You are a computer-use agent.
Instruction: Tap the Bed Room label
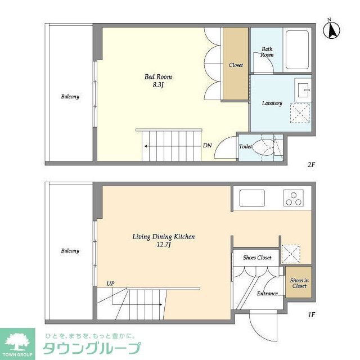coord(157,77)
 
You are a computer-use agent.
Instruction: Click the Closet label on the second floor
coord(236,65)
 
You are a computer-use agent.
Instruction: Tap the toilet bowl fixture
coord(263,148)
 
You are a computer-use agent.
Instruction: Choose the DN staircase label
coord(208,146)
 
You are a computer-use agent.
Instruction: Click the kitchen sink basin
coord(253,198)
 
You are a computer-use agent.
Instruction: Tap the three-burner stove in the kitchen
coord(294,198)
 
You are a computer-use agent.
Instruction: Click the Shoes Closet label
coord(257,258)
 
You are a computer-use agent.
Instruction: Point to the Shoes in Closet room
coord(299,283)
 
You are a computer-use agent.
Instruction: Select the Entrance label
coord(267,294)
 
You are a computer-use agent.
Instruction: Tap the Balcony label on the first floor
coord(70,251)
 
